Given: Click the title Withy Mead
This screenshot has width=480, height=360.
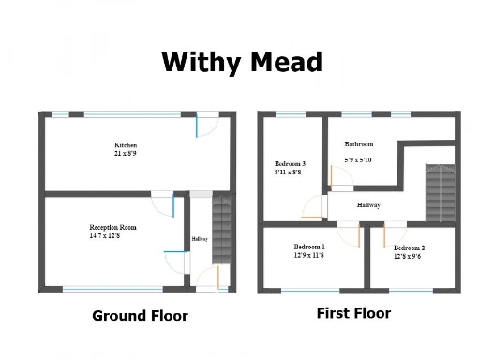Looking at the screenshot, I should coord(242,63).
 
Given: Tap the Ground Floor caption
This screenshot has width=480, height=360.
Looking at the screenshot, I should coord(140,316).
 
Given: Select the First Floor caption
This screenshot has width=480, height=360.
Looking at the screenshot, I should coord(353,313).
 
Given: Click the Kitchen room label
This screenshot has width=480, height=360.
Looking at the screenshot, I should coord(127,146).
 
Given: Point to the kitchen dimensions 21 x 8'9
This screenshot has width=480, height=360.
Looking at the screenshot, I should coord(127,156).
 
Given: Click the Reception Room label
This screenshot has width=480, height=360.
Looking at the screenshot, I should coord(113,228).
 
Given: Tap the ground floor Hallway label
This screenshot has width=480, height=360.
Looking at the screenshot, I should coord(200,239).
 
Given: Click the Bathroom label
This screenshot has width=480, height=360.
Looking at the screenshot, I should coord(359,144).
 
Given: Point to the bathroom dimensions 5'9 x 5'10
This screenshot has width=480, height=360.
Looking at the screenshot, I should coord(359,160).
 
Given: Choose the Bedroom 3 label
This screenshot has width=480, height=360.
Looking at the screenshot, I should coord(289,163).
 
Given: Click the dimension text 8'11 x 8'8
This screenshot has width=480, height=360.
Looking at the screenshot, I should coord(288,173).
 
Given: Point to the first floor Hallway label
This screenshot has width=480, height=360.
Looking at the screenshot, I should coord(368,203).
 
